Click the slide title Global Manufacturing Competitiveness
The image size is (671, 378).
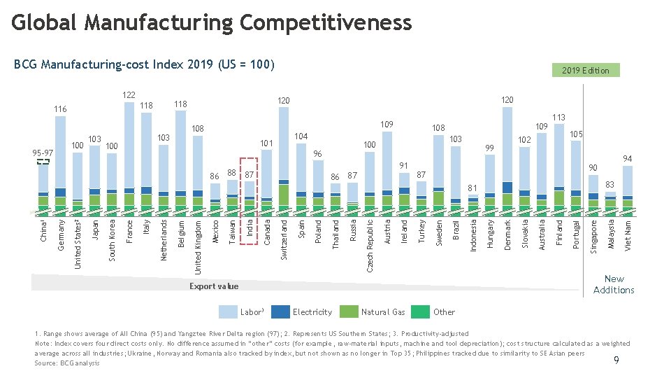click(x=212, y=22)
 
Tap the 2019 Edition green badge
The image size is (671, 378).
click(x=586, y=70)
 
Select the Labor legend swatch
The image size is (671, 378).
click(x=229, y=312)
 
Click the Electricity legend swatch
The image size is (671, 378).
click(x=280, y=312)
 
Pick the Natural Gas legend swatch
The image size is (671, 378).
click(x=349, y=312)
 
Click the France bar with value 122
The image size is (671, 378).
click(x=129, y=154)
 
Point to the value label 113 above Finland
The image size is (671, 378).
click(x=558, y=118)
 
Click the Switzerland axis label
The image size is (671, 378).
click(x=284, y=240)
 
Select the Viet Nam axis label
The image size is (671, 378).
click(x=627, y=236)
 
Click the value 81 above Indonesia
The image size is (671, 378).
click(x=472, y=188)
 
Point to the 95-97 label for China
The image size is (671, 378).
click(x=43, y=153)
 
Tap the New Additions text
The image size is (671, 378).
click(x=614, y=284)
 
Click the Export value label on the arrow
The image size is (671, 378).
click(x=214, y=286)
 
